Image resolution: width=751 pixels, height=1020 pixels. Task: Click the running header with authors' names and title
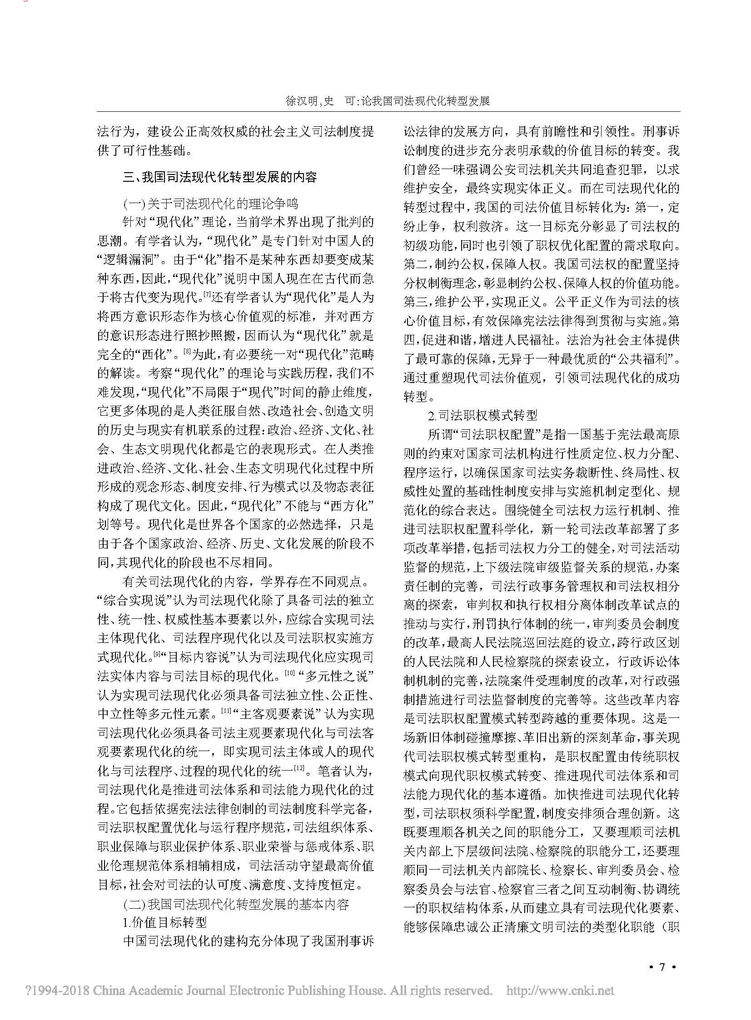(x=388, y=101)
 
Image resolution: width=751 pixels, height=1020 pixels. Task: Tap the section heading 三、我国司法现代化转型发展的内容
(x=219, y=177)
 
